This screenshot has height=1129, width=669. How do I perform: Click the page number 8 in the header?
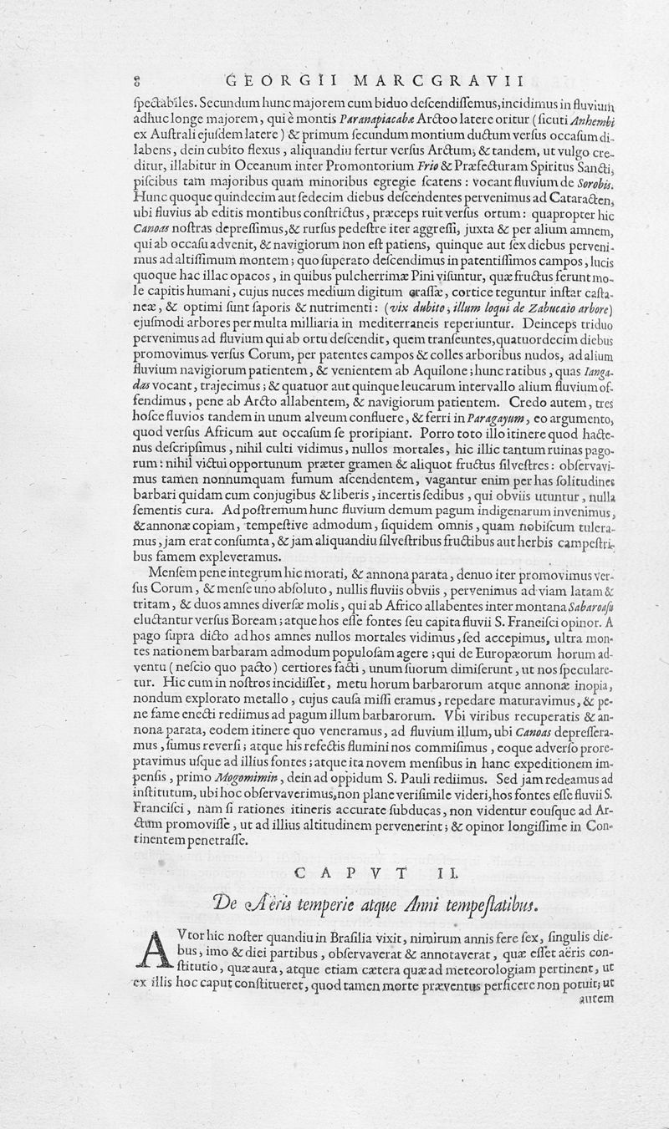pos(135,81)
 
